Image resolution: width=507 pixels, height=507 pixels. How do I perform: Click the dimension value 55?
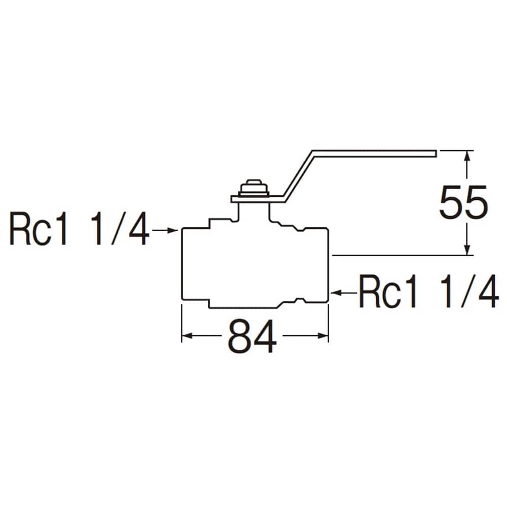click(463, 202)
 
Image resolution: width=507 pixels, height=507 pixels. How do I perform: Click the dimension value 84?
click(252, 336)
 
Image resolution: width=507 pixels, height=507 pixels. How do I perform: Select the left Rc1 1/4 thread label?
click(80, 229)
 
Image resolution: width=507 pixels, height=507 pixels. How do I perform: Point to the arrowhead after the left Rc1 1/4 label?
click(173, 230)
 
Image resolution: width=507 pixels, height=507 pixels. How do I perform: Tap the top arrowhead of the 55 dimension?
click(466, 156)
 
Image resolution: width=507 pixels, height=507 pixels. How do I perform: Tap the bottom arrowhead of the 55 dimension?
click(466, 249)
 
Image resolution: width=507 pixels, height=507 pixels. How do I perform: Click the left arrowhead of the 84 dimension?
click(187, 336)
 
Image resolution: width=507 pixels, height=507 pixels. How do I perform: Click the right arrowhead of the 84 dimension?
click(323, 336)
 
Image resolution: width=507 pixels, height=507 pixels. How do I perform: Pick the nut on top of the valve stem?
click(253, 188)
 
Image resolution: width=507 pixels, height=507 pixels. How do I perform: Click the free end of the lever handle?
click(436, 154)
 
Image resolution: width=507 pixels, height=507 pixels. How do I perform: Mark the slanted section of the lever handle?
click(298, 176)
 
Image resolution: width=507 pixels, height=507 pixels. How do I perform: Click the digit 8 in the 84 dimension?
click(240, 336)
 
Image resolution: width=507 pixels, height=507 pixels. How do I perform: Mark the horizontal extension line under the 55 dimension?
click(403, 255)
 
